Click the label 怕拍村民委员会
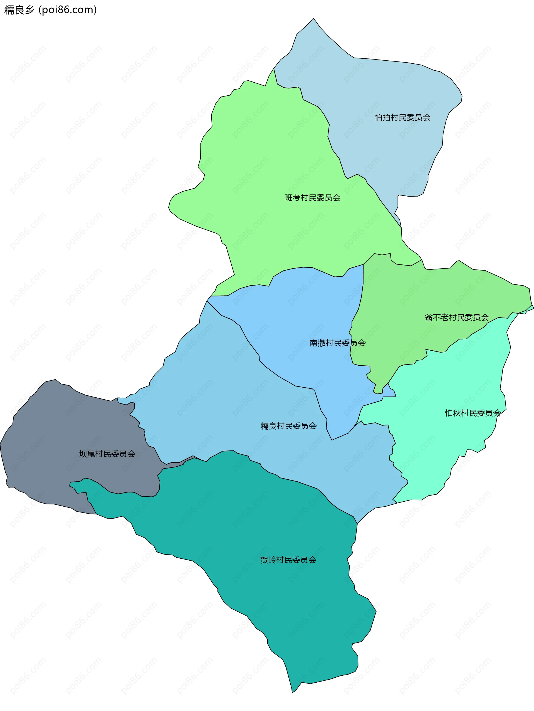[x=402, y=117]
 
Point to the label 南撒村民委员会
[x=337, y=343]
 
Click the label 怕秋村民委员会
[x=473, y=413]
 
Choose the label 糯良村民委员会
[x=288, y=426]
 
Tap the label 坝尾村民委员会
[x=107, y=454]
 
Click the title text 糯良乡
[x=19, y=10]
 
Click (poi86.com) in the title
[x=68, y=10]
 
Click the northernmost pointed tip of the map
[x=313, y=18]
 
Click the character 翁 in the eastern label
[x=429, y=318]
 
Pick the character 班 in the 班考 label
[x=288, y=197]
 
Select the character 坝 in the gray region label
[x=83, y=454]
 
